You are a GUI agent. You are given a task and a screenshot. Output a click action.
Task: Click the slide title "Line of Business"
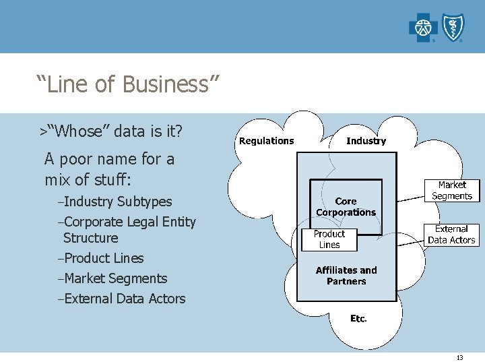pyautogui.click(x=128, y=85)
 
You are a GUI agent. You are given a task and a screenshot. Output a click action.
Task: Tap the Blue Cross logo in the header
pyautogui.click(x=423, y=28)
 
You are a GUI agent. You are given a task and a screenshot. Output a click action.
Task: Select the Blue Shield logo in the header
pyautogui.click(x=452, y=28)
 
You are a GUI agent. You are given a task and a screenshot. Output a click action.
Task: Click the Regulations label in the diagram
pyautogui.click(x=267, y=141)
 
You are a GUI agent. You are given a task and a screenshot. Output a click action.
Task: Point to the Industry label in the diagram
pyautogui.click(x=366, y=141)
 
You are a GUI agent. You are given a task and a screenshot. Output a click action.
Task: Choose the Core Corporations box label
pyautogui.click(x=346, y=207)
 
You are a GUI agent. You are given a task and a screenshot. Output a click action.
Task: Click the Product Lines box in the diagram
pyautogui.click(x=329, y=239)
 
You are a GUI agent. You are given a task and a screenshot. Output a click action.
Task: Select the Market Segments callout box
pyautogui.click(x=452, y=191)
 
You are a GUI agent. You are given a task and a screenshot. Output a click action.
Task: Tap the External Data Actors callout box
pyautogui.click(x=451, y=235)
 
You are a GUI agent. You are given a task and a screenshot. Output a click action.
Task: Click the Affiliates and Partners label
pyautogui.click(x=346, y=276)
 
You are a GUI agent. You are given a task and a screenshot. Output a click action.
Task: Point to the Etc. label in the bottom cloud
pyautogui.click(x=358, y=319)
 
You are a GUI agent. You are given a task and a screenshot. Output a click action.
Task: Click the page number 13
pyautogui.click(x=459, y=358)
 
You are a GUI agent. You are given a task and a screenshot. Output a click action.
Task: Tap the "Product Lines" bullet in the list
pyautogui.click(x=102, y=258)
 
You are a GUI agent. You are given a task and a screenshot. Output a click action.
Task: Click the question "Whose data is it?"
pyautogui.click(x=119, y=131)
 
